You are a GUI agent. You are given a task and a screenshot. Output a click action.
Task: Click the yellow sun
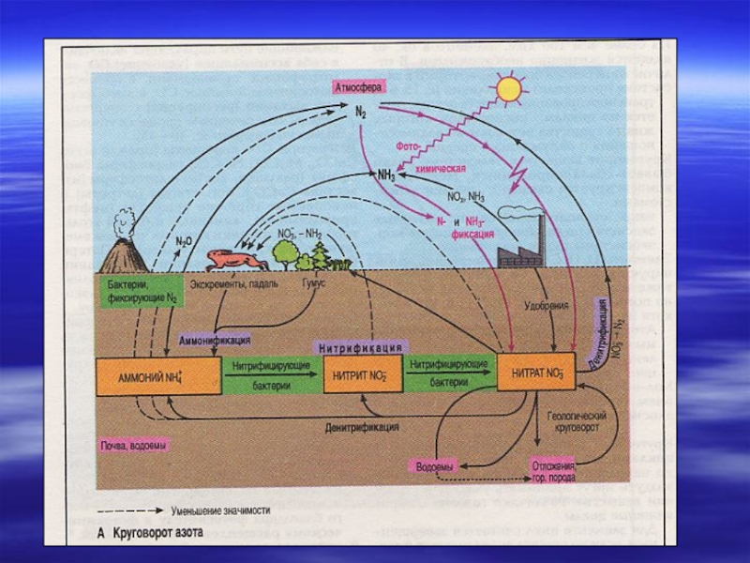pos(509,88)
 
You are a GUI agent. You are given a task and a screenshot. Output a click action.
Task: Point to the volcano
pos(119,251)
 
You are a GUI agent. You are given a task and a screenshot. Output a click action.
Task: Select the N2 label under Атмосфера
pos(361,110)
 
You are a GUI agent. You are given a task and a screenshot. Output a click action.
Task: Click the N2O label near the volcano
pos(184,239)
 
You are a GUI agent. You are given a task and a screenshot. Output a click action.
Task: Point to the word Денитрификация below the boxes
pos(361,427)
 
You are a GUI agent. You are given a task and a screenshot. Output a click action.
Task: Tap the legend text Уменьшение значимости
pos(219,511)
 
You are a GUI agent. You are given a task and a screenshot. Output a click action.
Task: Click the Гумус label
pos(313,282)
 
